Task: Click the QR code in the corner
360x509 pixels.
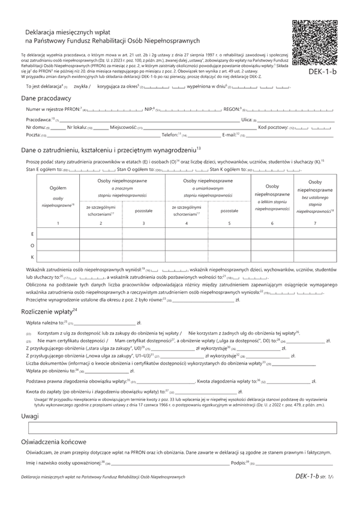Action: click(x=313, y=41)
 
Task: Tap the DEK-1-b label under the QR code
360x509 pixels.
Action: click(x=313, y=72)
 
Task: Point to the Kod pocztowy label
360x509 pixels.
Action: click(x=272, y=128)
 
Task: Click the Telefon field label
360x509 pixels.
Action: click(x=170, y=135)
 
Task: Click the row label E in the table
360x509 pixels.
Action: click(x=31, y=233)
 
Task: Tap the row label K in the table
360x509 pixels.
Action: click(x=31, y=257)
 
